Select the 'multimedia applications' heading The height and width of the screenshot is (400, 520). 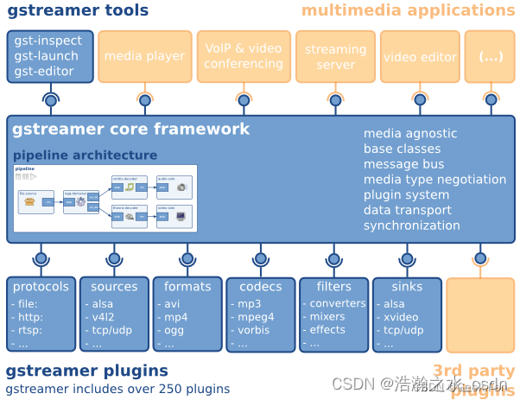point(408,10)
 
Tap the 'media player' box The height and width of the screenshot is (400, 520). point(144,56)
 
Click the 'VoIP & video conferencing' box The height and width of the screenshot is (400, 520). point(243,56)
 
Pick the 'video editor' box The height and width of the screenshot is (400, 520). point(420,57)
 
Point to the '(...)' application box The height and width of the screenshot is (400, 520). point(490,57)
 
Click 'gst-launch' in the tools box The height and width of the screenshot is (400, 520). point(48,56)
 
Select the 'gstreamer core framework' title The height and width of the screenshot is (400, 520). point(130,130)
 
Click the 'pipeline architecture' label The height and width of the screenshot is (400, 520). point(85,156)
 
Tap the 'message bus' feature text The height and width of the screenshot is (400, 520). point(403,163)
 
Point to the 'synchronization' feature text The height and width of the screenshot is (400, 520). point(411,225)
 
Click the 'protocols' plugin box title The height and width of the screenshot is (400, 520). point(41,287)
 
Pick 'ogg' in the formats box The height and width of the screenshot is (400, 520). point(175,330)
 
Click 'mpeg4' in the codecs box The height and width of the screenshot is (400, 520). point(256,317)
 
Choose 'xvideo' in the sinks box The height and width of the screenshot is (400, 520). point(403,317)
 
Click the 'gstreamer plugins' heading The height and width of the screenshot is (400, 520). point(86,371)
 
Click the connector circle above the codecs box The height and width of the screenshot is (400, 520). point(260,257)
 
